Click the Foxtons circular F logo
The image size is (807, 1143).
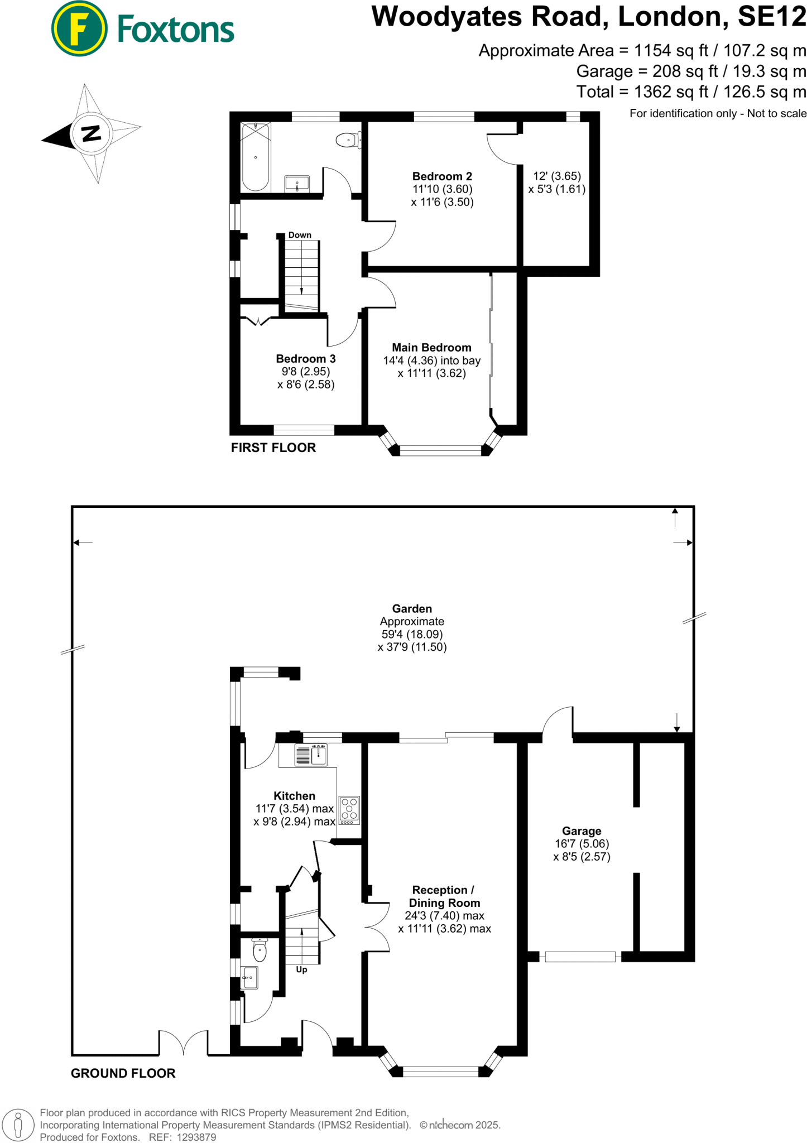[79, 28]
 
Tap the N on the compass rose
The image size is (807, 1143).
[91, 133]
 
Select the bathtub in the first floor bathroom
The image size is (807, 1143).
[256, 157]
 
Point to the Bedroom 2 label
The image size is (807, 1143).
[442, 176]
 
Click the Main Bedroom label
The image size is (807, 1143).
[431, 348]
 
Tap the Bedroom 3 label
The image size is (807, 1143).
[306, 359]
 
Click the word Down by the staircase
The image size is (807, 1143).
[300, 235]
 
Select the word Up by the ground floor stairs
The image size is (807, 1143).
[301, 969]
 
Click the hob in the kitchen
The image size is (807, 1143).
[349, 810]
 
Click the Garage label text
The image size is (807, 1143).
[582, 831]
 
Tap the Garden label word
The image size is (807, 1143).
[412, 609]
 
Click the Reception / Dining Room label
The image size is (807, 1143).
[444, 896]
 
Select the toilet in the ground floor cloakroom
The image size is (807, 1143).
[260, 950]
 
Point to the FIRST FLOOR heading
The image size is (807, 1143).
[273, 448]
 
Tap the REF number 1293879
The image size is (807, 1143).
[196, 1137]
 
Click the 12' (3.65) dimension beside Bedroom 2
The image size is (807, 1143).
[557, 176]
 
